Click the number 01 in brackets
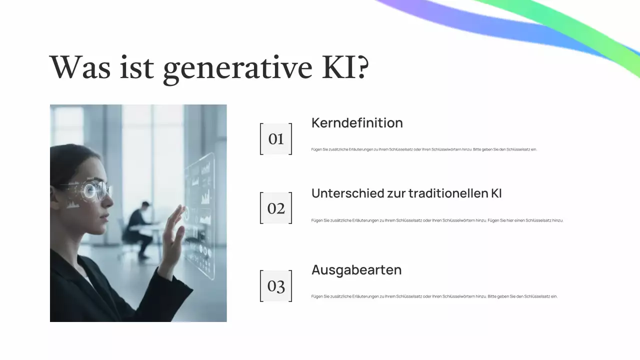click(x=276, y=139)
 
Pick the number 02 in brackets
click(x=276, y=208)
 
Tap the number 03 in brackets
click(x=276, y=286)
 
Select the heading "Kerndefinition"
click(x=357, y=123)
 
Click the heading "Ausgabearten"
click(x=356, y=270)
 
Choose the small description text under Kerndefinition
click(x=424, y=149)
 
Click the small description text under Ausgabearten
click(x=434, y=296)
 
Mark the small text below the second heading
click(x=437, y=220)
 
